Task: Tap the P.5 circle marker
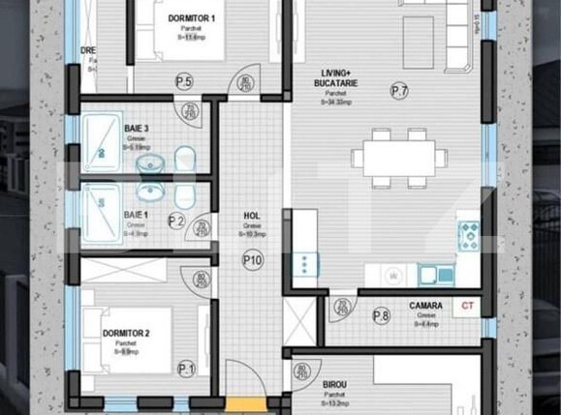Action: [183, 82]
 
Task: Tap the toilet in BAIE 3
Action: [188, 158]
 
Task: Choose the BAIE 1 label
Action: [137, 214]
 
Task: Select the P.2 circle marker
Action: [175, 222]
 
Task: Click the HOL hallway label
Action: [252, 217]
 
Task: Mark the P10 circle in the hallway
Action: [252, 259]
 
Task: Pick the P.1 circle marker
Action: [186, 369]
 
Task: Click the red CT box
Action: [468, 306]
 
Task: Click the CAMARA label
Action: [425, 306]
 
